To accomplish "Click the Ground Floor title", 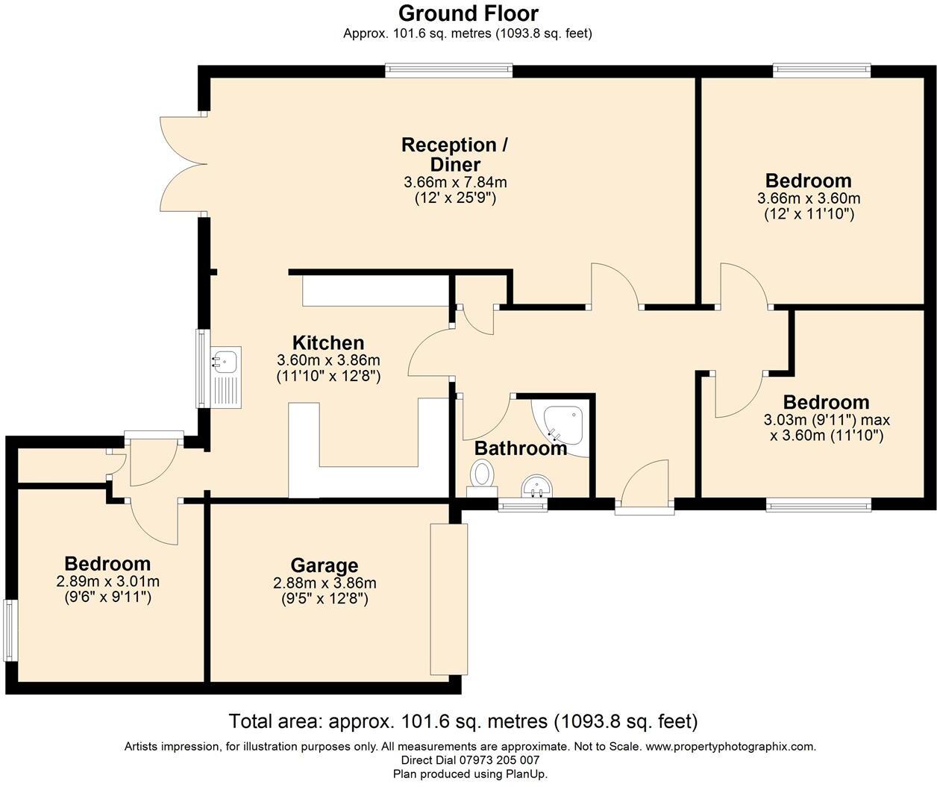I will point(468,13).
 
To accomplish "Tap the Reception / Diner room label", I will point(454,154).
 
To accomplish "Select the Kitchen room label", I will point(328,343).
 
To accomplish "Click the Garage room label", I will point(324,565).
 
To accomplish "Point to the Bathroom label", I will point(520,448).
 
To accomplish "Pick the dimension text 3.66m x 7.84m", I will point(455,182).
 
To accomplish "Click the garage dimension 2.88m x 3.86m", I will point(325,583).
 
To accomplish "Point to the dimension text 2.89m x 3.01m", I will point(107,581).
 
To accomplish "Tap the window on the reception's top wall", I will point(449,71).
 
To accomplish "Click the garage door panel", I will point(449,599).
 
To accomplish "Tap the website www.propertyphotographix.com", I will point(730,746).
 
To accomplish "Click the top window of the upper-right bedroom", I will point(821,71).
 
